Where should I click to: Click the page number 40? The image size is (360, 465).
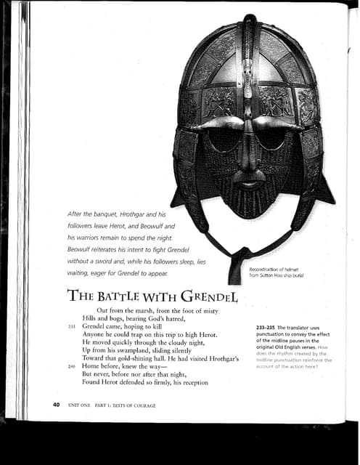[x=56, y=404]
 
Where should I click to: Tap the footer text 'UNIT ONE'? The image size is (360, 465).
[x=79, y=405]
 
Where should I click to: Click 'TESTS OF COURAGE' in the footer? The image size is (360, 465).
[x=134, y=405]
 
